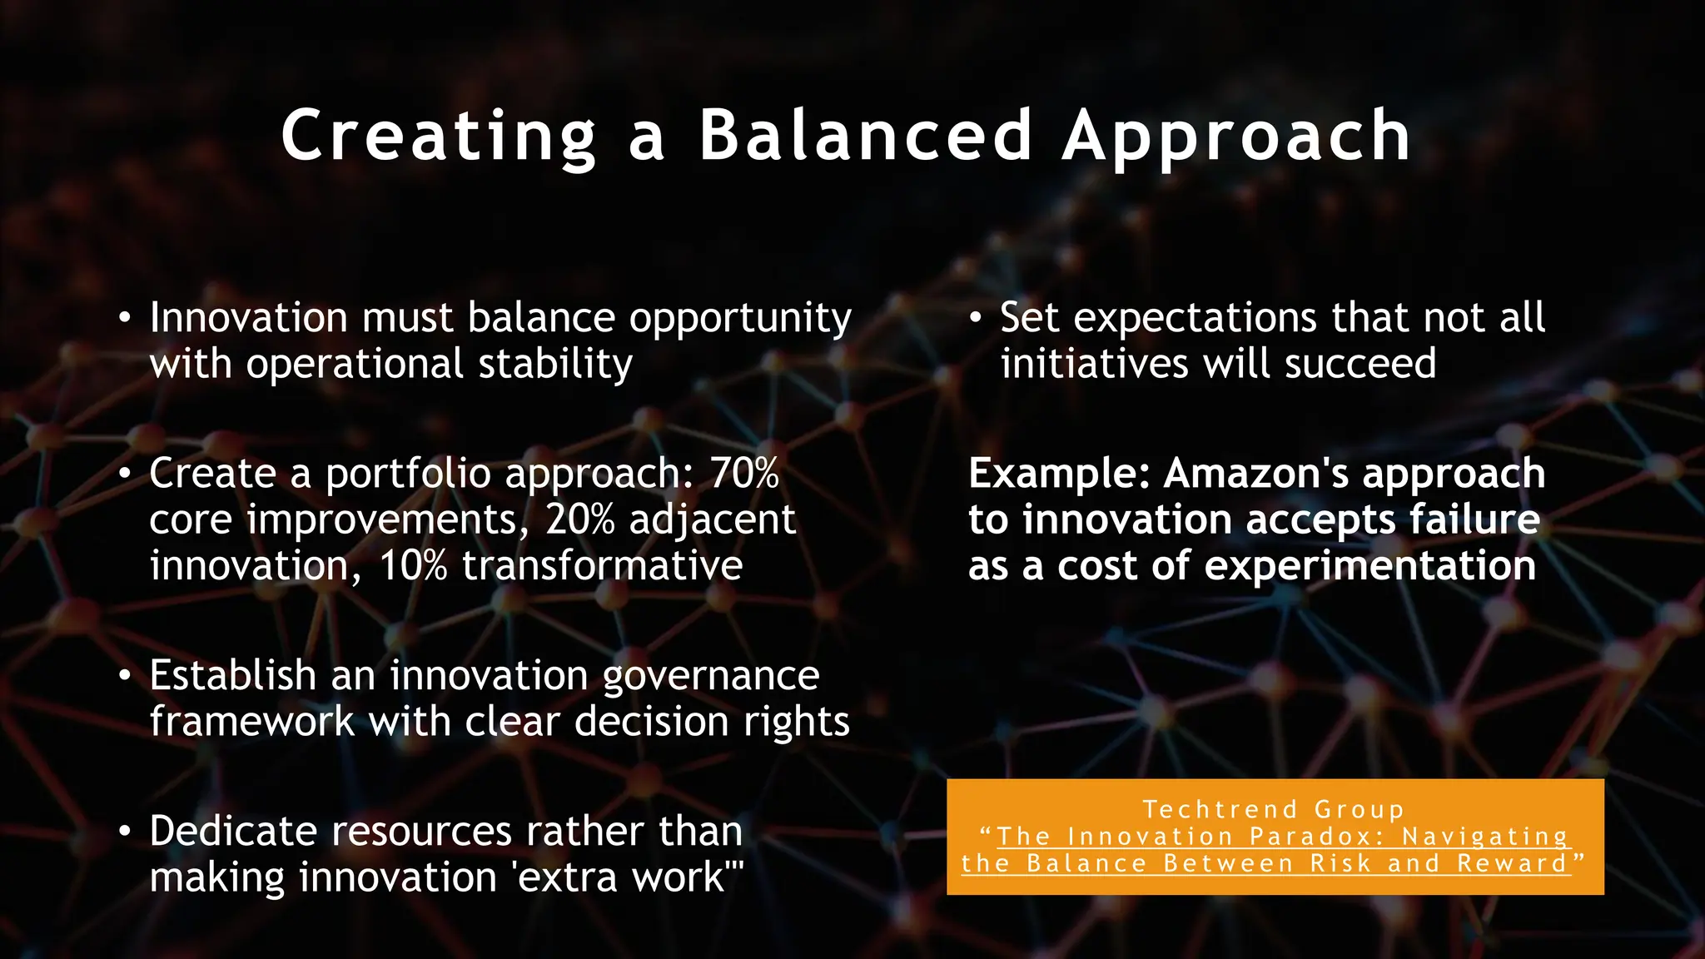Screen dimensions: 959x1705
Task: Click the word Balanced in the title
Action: pyautogui.click(x=866, y=136)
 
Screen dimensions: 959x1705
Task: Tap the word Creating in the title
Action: pyautogui.click(x=439, y=136)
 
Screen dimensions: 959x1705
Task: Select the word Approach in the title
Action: pyautogui.click(x=1236, y=136)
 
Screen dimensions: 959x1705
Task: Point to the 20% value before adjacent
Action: pyautogui.click(x=579, y=520)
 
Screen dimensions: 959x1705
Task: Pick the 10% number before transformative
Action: pyautogui.click(x=413, y=566)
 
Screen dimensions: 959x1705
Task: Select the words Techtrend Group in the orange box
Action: pyautogui.click(x=1273, y=809)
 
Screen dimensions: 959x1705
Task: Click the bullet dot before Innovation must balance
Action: pyautogui.click(x=124, y=319)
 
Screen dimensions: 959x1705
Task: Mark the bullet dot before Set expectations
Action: pyautogui.click(x=976, y=319)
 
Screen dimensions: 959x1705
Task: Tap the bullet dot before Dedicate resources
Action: pyautogui.click(x=124, y=832)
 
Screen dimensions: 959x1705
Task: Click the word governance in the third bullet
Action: pyautogui.click(x=710, y=676)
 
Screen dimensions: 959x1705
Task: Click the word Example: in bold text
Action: pyautogui.click(x=1058, y=474)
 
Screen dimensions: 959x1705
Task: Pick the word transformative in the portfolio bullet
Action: pyautogui.click(x=602, y=566)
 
